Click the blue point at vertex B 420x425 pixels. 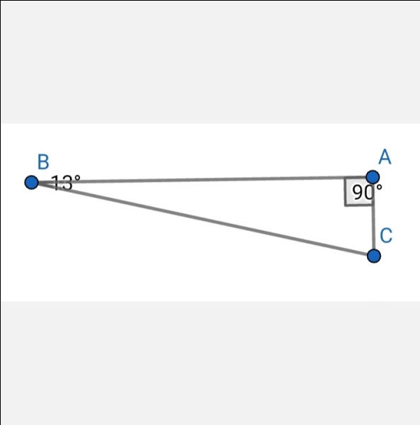tap(31, 183)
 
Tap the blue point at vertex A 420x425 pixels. tap(373, 177)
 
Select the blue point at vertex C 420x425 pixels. tap(374, 256)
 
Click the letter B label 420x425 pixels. tap(43, 161)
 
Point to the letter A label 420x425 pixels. tap(385, 157)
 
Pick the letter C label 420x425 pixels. tap(386, 235)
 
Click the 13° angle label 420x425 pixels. tap(66, 182)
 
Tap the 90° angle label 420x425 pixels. tap(367, 192)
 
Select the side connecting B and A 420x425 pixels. tap(202, 180)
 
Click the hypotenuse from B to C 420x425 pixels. tap(203, 219)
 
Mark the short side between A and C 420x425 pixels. tap(373, 217)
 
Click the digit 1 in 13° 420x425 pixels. tap(56, 183)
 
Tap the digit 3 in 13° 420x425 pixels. tap(67, 183)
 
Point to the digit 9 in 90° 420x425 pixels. tap(358, 193)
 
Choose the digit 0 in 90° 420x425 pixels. tap(369, 193)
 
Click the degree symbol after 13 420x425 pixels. tap(77, 178)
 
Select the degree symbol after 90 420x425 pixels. tap(378, 187)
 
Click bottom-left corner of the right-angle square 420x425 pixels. tap(346, 205)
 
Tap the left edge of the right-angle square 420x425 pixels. tap(345, 191)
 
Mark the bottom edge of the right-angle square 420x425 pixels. tap(360, 205)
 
